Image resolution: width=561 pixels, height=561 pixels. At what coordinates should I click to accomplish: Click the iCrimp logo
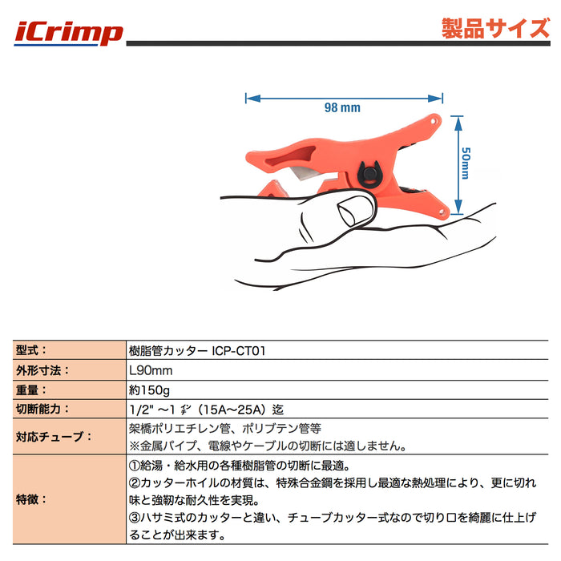tap(68, 34)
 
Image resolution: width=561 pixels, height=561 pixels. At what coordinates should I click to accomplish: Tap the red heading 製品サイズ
tap(495, 28)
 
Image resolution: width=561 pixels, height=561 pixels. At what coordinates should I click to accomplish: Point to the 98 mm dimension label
tap(342, 107)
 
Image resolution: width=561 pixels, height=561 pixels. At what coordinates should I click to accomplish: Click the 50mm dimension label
tap(466, 163)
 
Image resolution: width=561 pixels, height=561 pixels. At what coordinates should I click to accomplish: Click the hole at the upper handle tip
tap(434, 122)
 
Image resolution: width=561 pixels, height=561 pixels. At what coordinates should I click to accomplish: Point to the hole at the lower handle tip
tap(442, 213)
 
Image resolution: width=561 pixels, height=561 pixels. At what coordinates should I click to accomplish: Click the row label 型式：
tap(31, 350)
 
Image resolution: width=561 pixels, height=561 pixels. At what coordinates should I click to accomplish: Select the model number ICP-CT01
tap(239, 351)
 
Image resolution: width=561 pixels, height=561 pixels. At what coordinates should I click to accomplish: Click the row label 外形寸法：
tap(42, 370)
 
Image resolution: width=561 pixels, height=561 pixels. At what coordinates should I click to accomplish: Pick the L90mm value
tap(151, 370)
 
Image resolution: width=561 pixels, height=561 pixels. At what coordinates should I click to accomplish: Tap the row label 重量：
tap(31, 389)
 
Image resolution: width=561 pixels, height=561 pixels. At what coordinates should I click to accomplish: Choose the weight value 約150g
tap(149, 390)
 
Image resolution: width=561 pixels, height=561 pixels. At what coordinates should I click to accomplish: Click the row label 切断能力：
tap(42, 409)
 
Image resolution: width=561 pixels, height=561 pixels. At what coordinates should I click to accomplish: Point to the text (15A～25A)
tap(231, 410)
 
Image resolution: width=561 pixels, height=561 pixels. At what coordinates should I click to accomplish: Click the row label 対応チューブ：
tap(54, 437)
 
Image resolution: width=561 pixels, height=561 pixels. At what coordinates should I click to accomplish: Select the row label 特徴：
tap(31, 499)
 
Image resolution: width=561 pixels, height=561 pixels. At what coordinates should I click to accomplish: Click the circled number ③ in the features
tap(135, 518)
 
